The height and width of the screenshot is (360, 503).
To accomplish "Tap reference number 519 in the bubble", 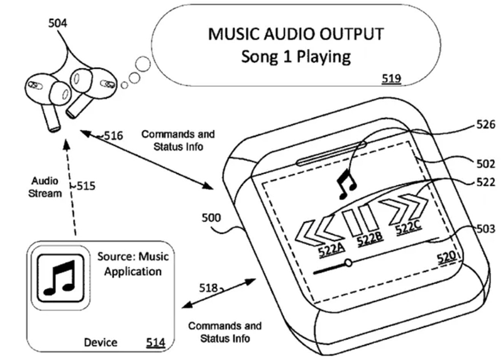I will [x=390, y=79].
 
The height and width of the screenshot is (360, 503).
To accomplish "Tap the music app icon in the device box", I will [x=57, y=276].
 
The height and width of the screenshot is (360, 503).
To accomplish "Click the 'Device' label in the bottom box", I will [x=101, y=342].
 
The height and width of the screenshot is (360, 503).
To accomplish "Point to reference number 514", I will [x=155, y=342].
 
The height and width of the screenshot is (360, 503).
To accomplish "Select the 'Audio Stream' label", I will [x=46, y=187].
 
